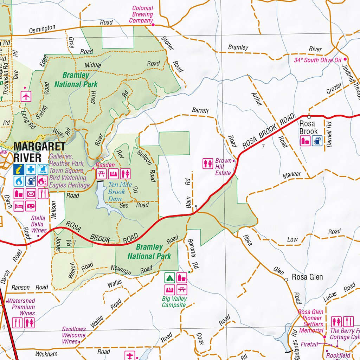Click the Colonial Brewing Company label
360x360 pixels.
click(142, 14)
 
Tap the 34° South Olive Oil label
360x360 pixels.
click(317, 60)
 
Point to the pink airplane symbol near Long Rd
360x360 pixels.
click(26, 96)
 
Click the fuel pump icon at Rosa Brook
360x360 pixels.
click(317, 141)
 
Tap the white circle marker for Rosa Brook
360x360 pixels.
click(309, 117)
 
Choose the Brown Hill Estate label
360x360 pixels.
click(223, 167)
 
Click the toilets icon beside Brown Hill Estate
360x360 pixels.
click(208, 164)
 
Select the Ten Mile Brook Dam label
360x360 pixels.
click(116, 192)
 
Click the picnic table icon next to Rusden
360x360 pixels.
click(101, 173)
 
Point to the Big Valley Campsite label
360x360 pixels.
click(174, 302)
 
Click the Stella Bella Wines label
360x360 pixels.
click(38, 224)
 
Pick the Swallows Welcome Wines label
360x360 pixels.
click(74, 335)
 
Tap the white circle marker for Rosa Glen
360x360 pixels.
click(286, 279)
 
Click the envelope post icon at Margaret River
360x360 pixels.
click(31, 193)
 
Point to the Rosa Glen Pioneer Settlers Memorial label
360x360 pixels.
click(311, 321)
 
